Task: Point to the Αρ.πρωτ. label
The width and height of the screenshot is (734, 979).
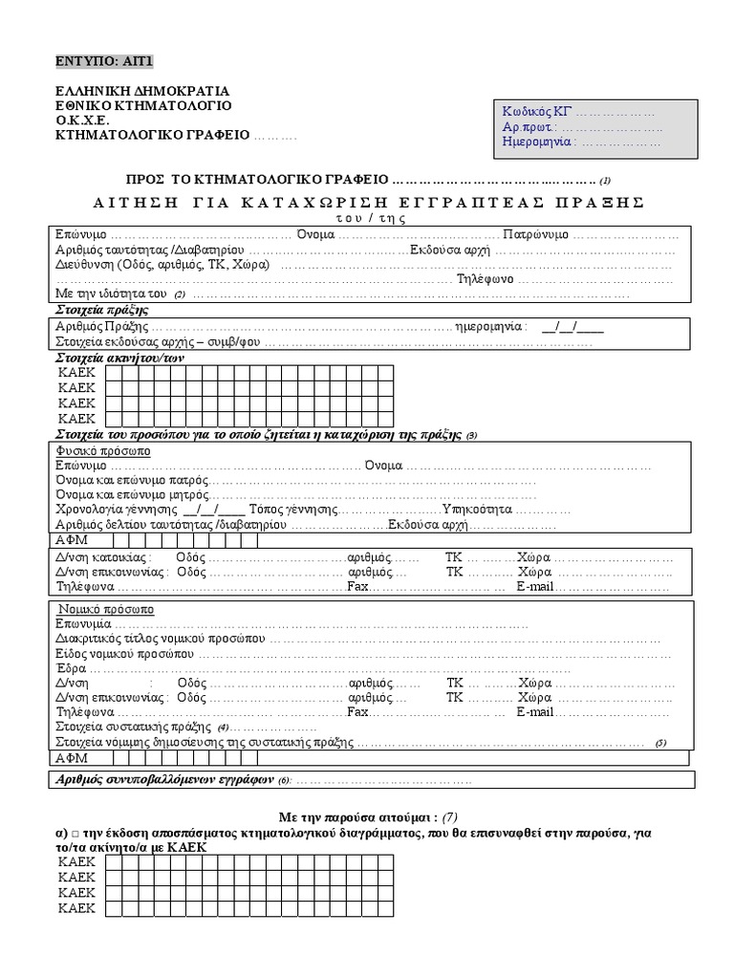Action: (529, 127)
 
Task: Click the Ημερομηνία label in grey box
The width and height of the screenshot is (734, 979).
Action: (538, 142)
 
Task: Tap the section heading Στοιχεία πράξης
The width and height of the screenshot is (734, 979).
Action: (102, 311)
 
